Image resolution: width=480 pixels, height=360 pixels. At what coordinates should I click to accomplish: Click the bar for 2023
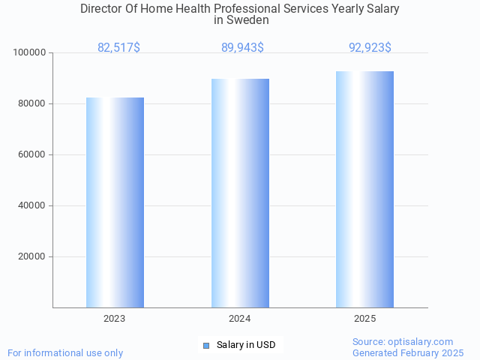115,202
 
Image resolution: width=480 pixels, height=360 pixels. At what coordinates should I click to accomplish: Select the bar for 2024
240,193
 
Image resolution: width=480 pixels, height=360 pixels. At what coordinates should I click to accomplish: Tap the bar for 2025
364,189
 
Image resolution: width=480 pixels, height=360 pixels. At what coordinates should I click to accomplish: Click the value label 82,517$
118,48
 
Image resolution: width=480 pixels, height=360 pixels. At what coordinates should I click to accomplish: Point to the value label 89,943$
242,48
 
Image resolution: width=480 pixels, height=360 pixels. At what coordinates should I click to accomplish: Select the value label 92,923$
370,48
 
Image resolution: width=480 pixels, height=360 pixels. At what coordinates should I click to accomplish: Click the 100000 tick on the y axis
30,52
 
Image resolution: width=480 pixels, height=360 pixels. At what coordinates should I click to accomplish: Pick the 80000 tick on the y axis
32,103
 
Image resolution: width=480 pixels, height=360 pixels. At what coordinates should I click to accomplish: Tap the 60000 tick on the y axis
32,154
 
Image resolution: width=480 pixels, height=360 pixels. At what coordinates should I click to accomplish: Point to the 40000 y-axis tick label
32,205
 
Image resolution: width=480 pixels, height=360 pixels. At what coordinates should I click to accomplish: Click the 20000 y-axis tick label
32,256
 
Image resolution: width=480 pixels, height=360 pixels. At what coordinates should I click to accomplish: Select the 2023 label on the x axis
115,319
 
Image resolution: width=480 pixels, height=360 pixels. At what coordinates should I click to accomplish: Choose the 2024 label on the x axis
240,319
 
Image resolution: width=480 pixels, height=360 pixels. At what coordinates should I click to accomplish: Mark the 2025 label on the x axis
364,319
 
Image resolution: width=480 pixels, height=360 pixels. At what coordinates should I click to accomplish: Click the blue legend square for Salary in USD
206,345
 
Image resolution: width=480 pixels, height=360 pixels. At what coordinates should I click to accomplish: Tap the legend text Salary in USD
246,345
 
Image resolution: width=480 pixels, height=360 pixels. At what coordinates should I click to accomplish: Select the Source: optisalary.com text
403,341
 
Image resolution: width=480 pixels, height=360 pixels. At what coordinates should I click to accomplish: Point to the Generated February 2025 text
408,352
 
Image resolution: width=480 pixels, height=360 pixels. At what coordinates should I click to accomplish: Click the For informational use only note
65,352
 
